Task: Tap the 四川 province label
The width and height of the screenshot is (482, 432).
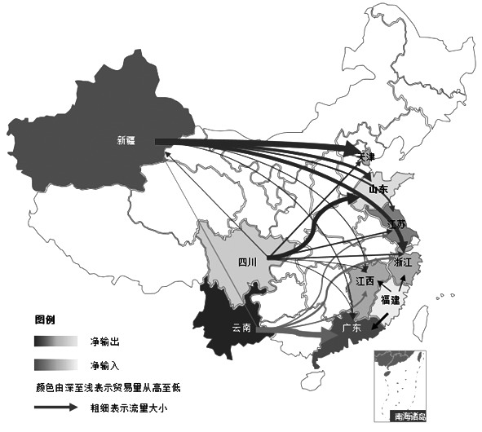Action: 247,262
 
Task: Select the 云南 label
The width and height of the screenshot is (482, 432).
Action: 241,328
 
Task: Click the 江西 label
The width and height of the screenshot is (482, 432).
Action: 365,281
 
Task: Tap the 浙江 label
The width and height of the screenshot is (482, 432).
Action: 403,262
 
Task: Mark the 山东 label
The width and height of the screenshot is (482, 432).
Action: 378,189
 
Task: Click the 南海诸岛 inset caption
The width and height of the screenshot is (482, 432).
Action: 409,416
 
